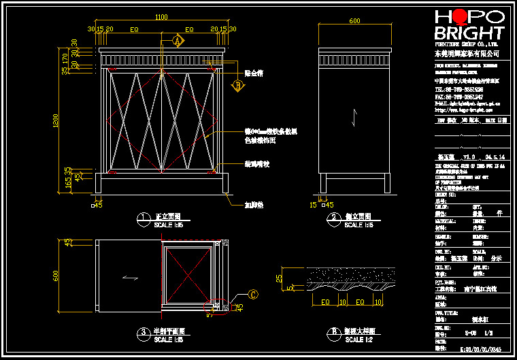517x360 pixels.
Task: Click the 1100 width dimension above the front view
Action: [x=162, y=16]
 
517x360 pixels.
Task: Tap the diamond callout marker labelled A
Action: [x=178, y=41]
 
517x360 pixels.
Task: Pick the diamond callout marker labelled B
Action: [x=238, y=86]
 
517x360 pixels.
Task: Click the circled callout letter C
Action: [x=254, y=295]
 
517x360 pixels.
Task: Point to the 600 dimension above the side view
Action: [x=354, y=21]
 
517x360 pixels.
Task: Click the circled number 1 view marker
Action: [x=143, y=218]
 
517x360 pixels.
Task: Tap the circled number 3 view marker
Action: [x=143, y=332]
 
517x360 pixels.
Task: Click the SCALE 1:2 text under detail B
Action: [x=358, y=339]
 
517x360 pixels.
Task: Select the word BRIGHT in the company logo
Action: [x=469, y=33]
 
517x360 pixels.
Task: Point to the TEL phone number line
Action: [x=460, y=89]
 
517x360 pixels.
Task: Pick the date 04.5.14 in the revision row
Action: [x=493, y=156]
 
